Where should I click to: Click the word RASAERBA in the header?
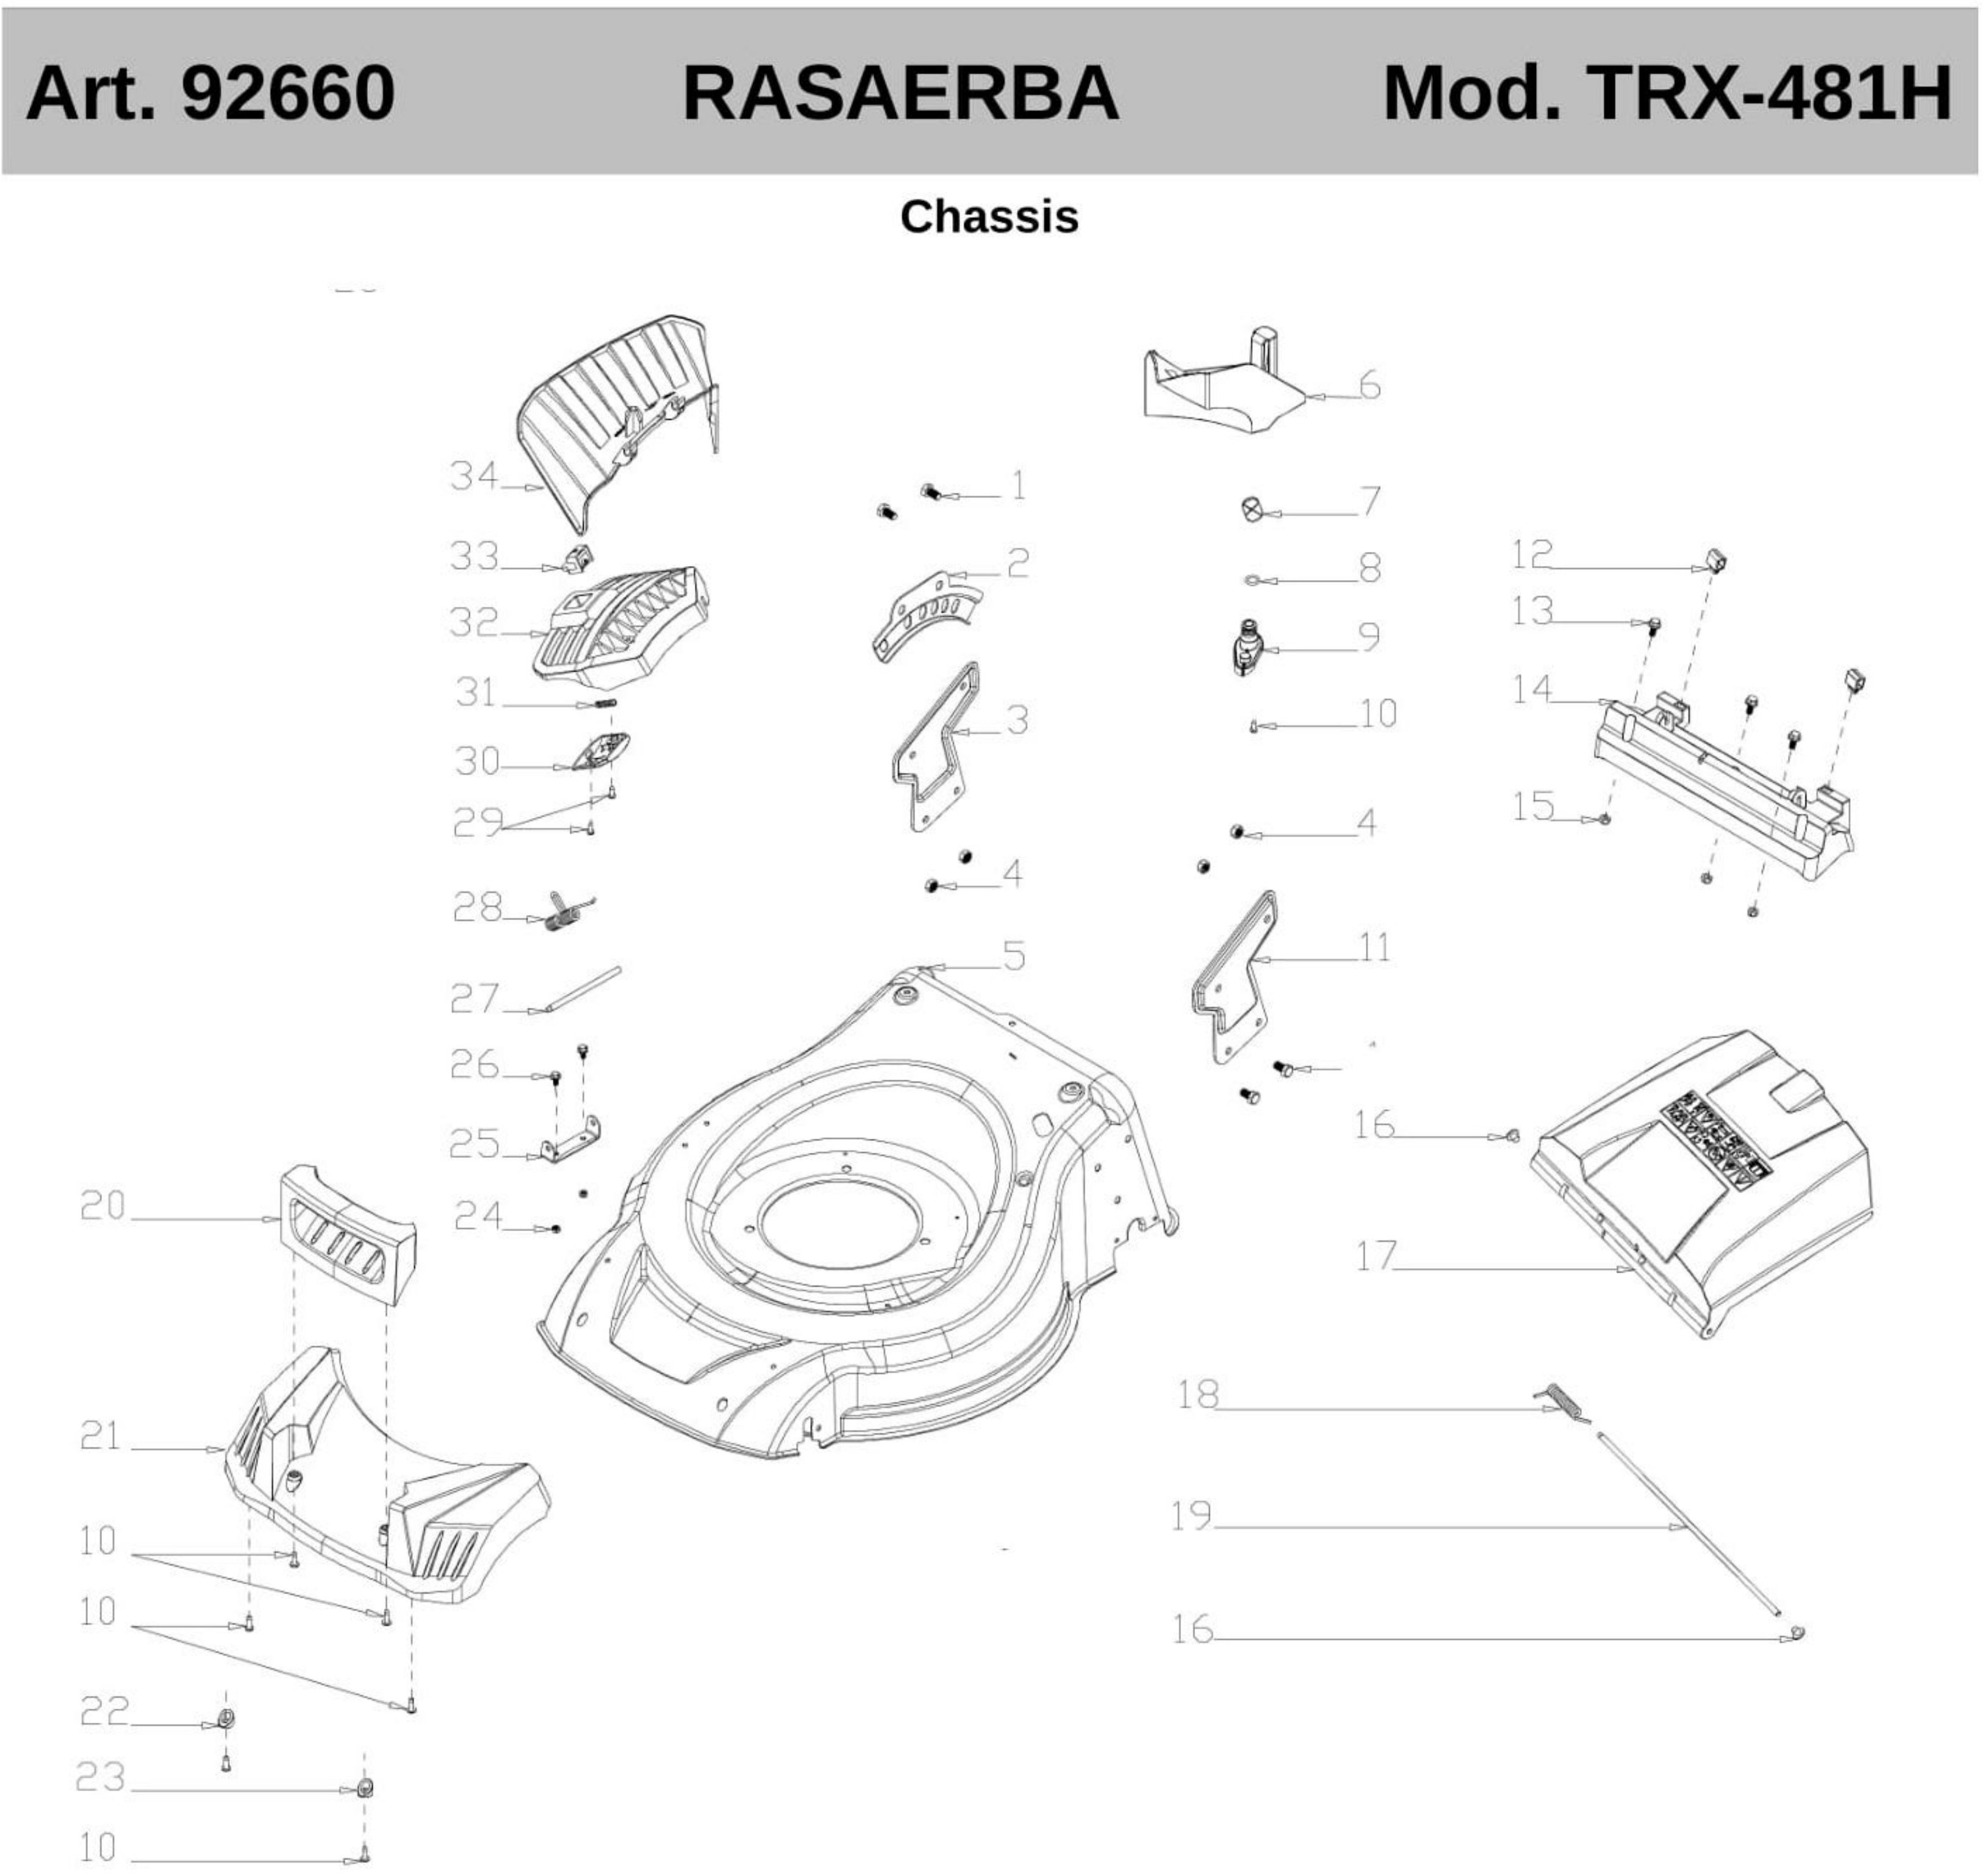coord(899,93)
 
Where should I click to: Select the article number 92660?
coord(288,93)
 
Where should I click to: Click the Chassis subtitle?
coord(989,217)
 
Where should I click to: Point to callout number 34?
coord(473,475)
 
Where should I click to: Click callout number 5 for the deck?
coord(1013,956)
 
